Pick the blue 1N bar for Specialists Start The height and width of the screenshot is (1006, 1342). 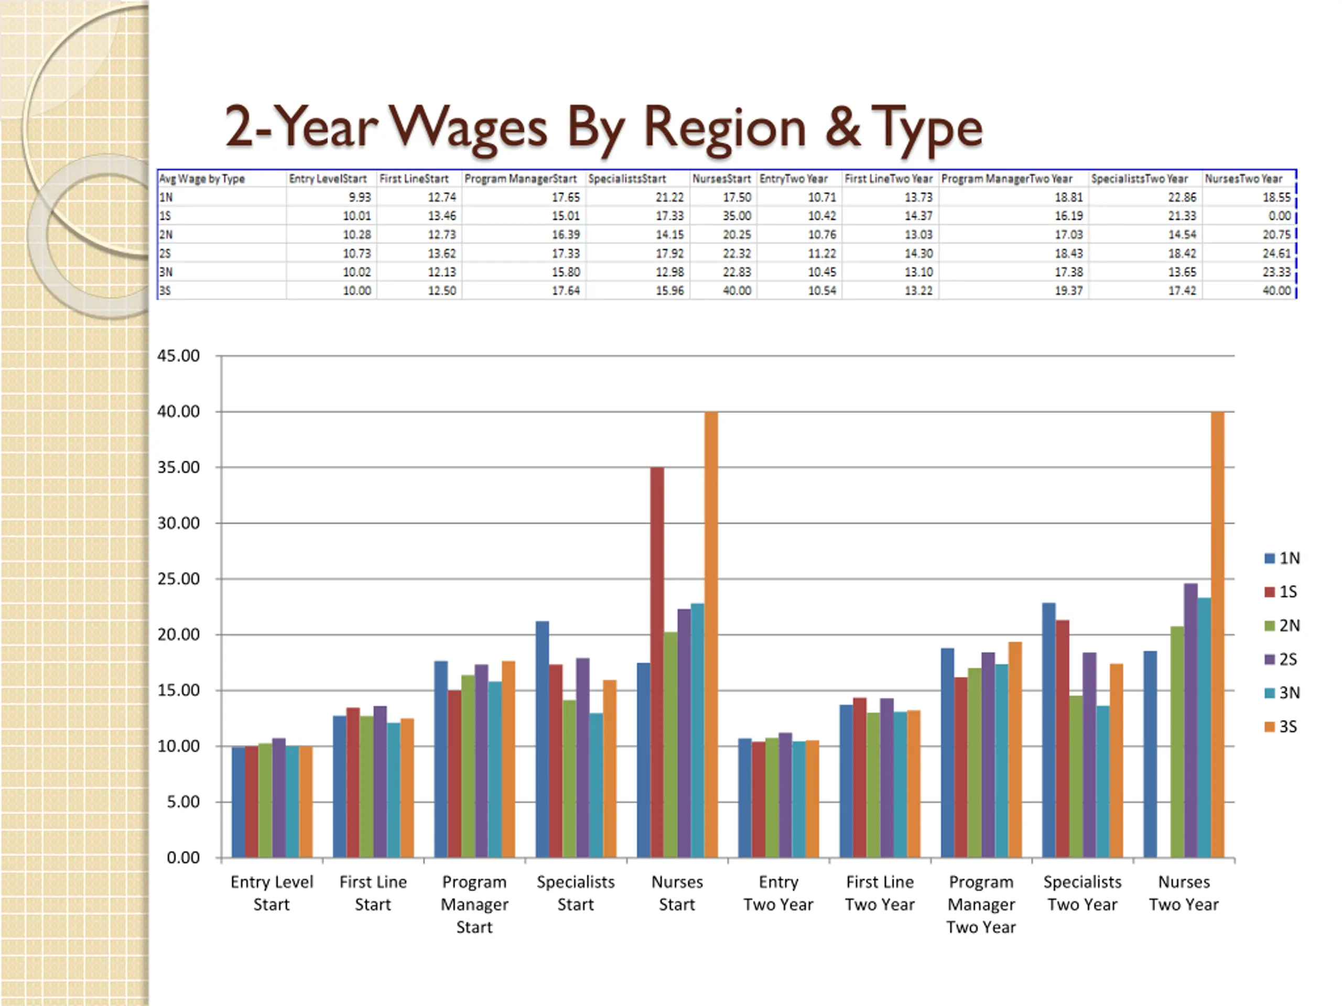tap(543, 739)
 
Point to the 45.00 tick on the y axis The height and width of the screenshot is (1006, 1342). tap(178, 356)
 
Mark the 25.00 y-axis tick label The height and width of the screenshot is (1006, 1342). tap(178, 579)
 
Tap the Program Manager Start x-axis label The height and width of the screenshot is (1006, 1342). tap(474, 904)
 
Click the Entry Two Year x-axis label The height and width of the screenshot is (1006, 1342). tap(778, 893)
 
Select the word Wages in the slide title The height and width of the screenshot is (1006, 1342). tap(468, 128)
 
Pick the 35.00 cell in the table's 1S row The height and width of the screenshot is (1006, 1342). tap(737, 216)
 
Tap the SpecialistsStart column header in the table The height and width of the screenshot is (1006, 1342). tap(627, 179)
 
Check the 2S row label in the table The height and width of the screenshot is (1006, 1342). tap(165, 254)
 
